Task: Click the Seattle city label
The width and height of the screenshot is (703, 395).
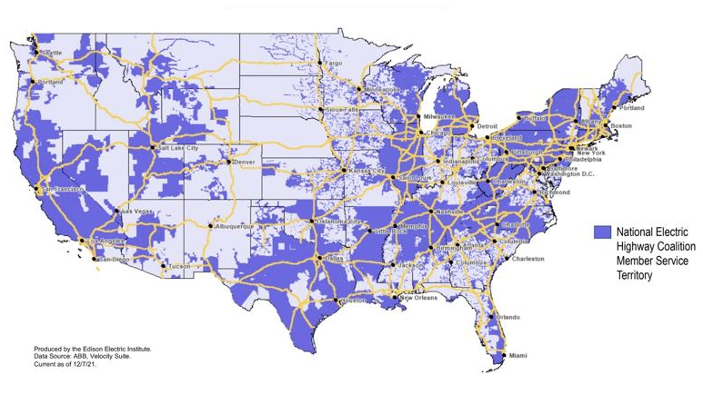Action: (x=51, y=54)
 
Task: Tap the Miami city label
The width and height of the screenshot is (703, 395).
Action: (x=518, y=355)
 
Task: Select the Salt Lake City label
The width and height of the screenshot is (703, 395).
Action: (x=178, y=147)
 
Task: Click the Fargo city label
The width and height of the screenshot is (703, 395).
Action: (x=333, y=64)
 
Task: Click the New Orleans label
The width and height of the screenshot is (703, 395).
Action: (x=419, y=298)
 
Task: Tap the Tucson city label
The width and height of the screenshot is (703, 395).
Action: (x=178, y=267)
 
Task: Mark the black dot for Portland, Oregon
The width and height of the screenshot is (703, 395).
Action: (x=34, y=82)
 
